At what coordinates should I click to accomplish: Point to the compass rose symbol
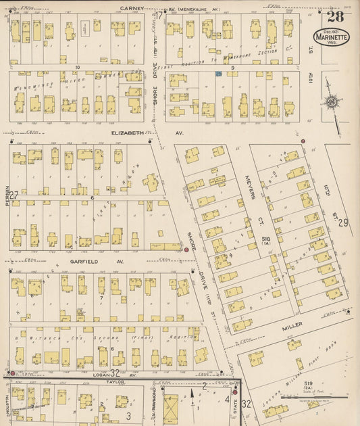(x=331, y=102)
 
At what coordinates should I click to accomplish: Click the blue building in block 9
(x=219, y=73)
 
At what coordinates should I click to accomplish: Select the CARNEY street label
(x=132, y=8)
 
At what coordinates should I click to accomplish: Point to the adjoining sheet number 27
(x=14, y=195)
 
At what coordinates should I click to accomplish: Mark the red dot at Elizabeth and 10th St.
(x=303, y=141)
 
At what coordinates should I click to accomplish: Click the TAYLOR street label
(x=116, y=381)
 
